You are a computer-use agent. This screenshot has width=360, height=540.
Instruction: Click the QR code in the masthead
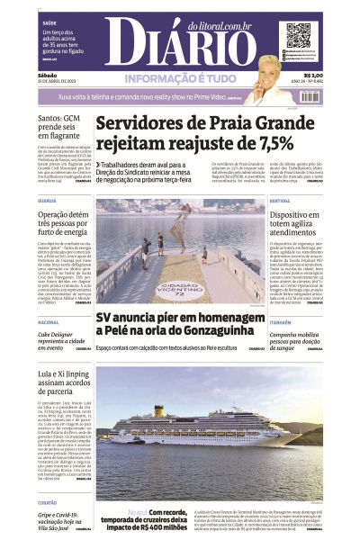click(298, 36)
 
